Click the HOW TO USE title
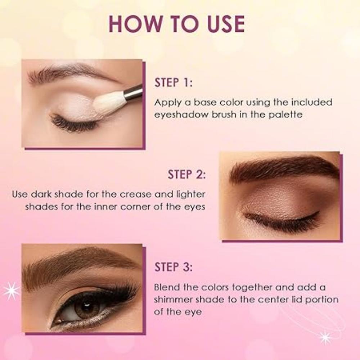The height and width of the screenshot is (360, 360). click(x=176, y=24)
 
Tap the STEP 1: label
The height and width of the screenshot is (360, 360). click(x=174, y=82)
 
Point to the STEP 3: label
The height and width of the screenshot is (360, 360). click(x=174, y=267)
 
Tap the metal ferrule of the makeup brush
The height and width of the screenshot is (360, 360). click(x=133, y=92)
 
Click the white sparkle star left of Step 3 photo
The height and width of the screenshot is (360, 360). click(x=11, y=291)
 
